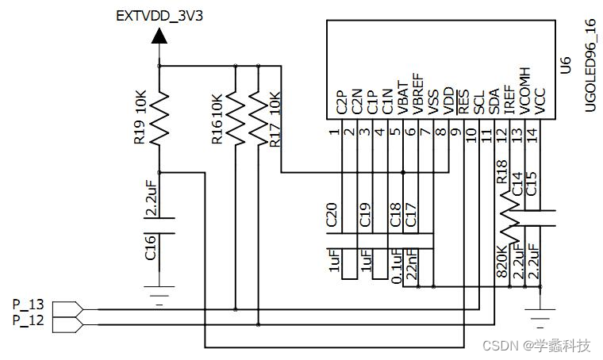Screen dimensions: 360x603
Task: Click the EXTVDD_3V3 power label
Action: click(159, 15)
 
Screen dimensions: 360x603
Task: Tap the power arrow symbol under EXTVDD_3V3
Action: click(159, 35)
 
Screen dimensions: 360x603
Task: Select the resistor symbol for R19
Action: click(159, 118)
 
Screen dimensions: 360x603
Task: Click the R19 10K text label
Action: click(140, 119)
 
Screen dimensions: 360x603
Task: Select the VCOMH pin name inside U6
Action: click(523, 92)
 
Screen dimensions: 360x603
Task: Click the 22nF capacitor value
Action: click(413, 262)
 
